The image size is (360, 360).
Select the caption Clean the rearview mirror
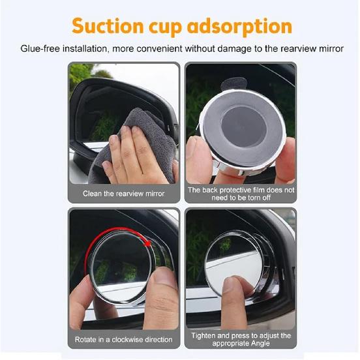click(123, 194)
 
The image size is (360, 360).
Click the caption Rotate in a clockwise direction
click(123, 339)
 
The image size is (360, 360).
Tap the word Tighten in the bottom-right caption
click(205, 336)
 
